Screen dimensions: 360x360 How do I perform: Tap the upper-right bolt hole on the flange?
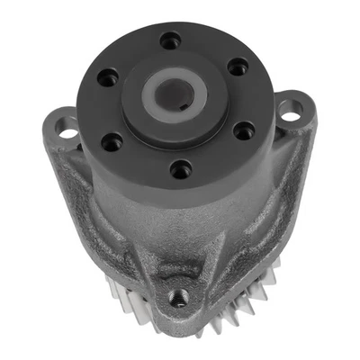point(238,66)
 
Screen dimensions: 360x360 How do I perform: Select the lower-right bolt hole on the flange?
point(244,130)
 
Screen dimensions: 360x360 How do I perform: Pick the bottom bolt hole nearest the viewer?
point(183,167)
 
